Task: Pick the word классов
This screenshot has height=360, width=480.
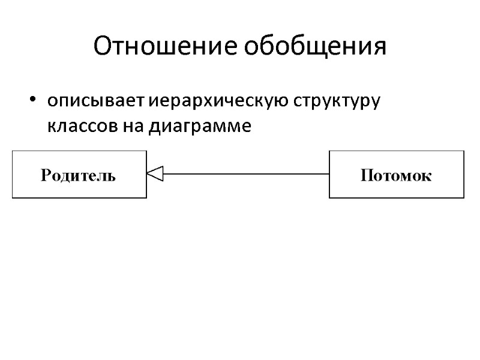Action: click(x=80, y=127)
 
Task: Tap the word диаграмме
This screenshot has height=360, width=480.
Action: click(x=198, y=127)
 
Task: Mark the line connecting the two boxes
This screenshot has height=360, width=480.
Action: click(x=246, y=174)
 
